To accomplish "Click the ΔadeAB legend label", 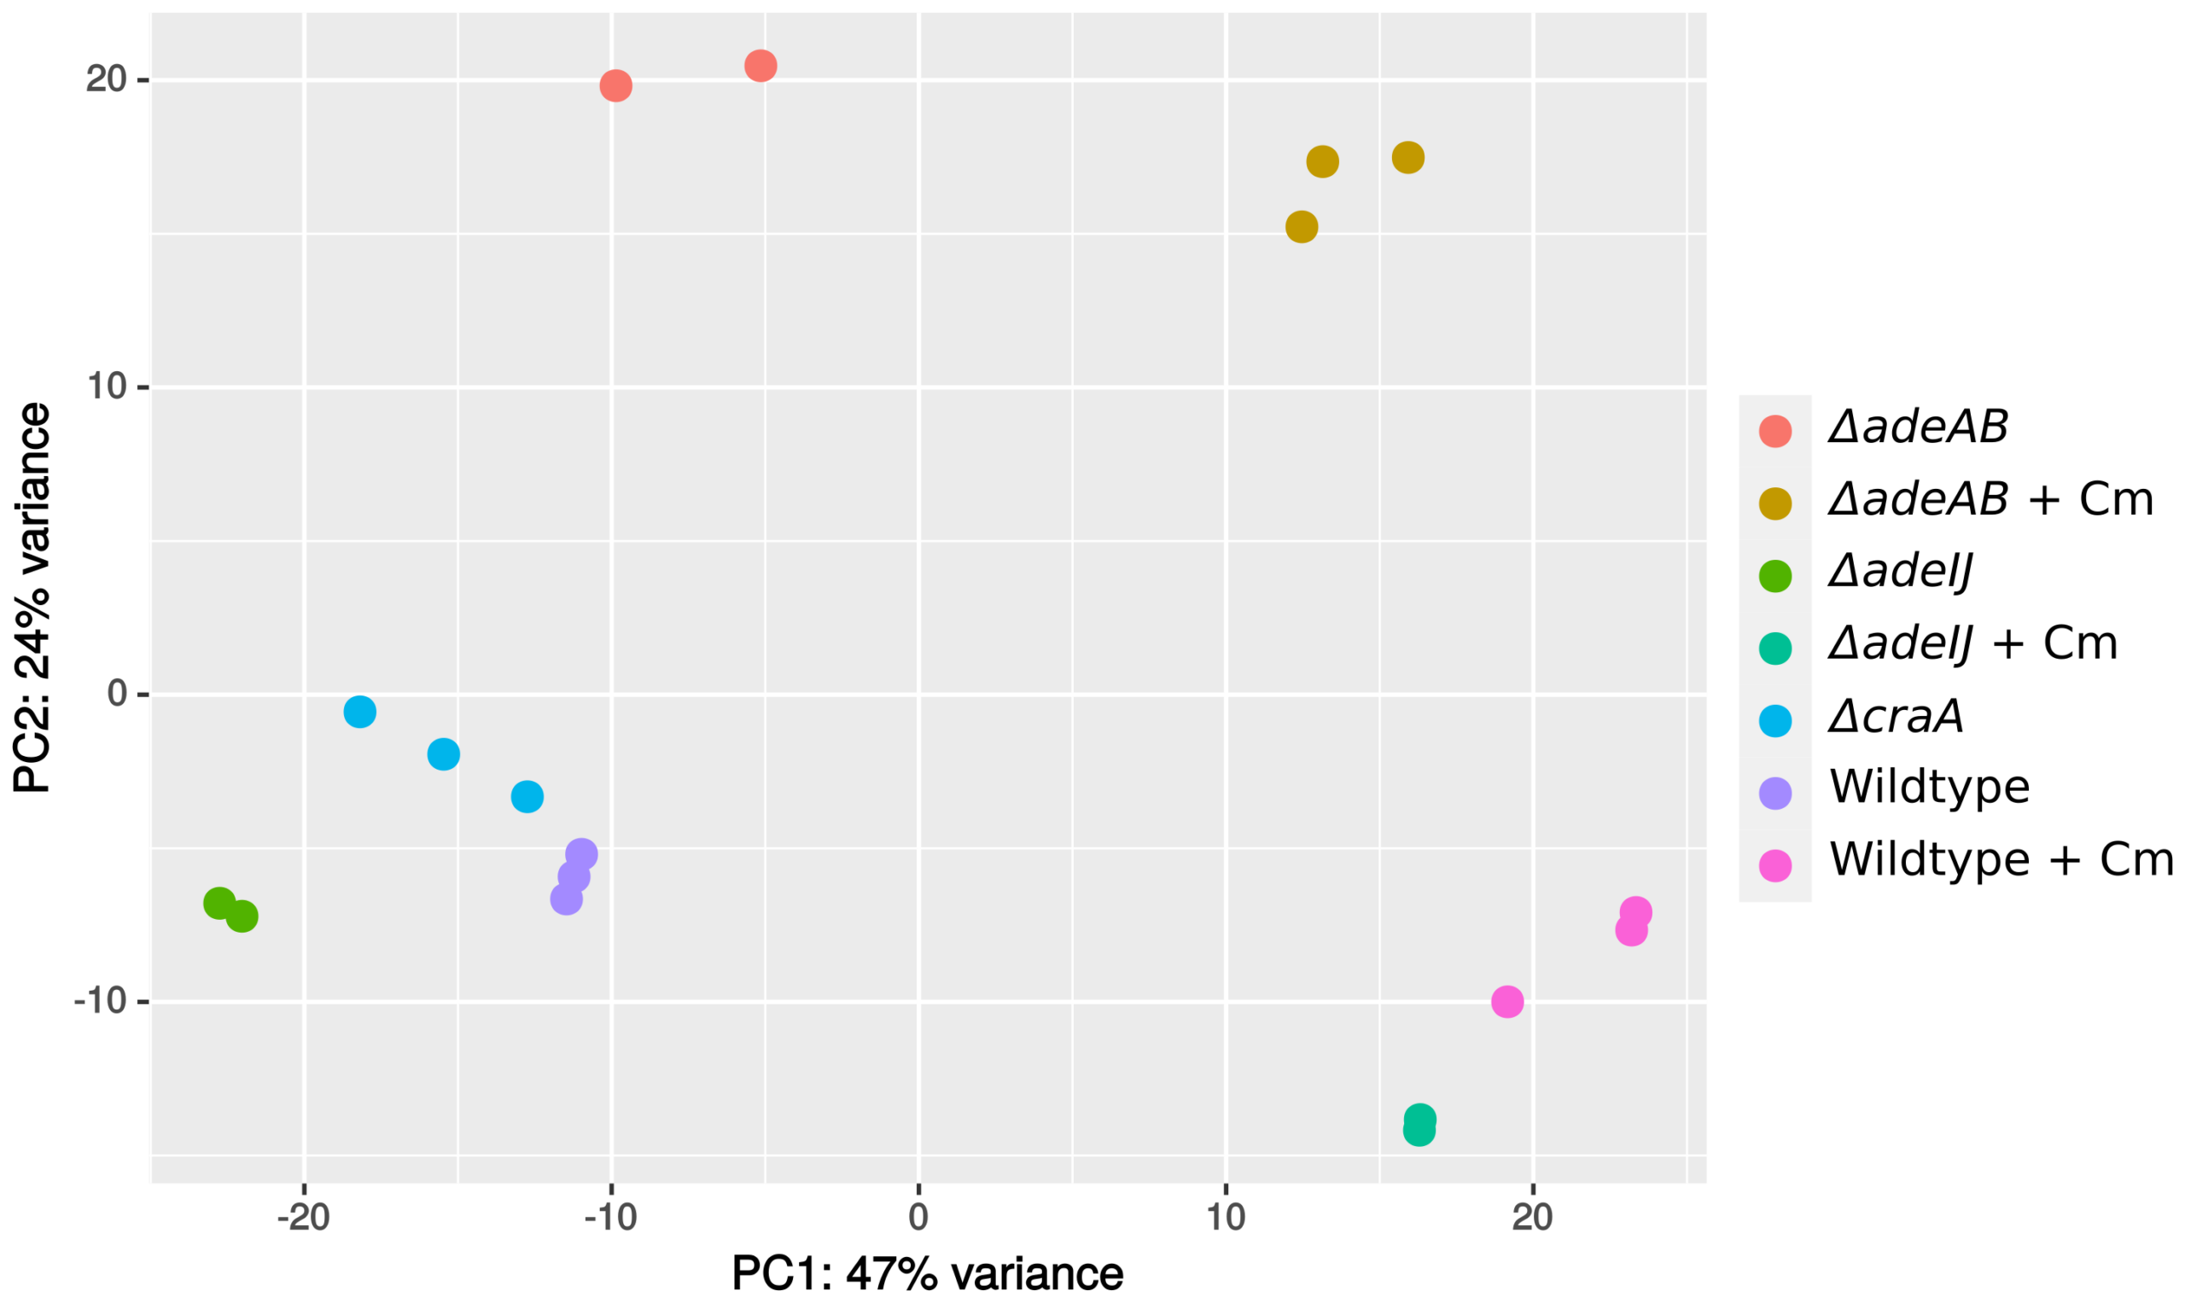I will (1918, 428).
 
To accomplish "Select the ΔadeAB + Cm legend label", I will (1990, 499).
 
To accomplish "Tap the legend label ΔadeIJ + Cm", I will (1972, 643).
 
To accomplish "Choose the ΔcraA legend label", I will (1895, 717).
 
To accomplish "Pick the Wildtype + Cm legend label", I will (2001, 859).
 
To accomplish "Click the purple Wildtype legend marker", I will (1774, 793).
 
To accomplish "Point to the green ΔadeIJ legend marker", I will (1774, 576).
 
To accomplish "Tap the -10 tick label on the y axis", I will (99, 1001).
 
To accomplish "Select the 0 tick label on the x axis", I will (918, 1218).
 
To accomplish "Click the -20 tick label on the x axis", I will (303, 1218).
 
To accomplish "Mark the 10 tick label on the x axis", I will (1225, 1218).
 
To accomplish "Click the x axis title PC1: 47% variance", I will (928, 1274).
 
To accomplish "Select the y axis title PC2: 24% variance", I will (32, 597).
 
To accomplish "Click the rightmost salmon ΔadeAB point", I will (760, 65).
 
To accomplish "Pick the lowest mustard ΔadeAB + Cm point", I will (1302, 226).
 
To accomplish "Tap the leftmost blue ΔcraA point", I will (360, 711).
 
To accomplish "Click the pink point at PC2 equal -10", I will (1507, 1001).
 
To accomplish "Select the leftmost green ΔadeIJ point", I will (218, 903).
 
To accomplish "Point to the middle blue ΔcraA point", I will (444, 753).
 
